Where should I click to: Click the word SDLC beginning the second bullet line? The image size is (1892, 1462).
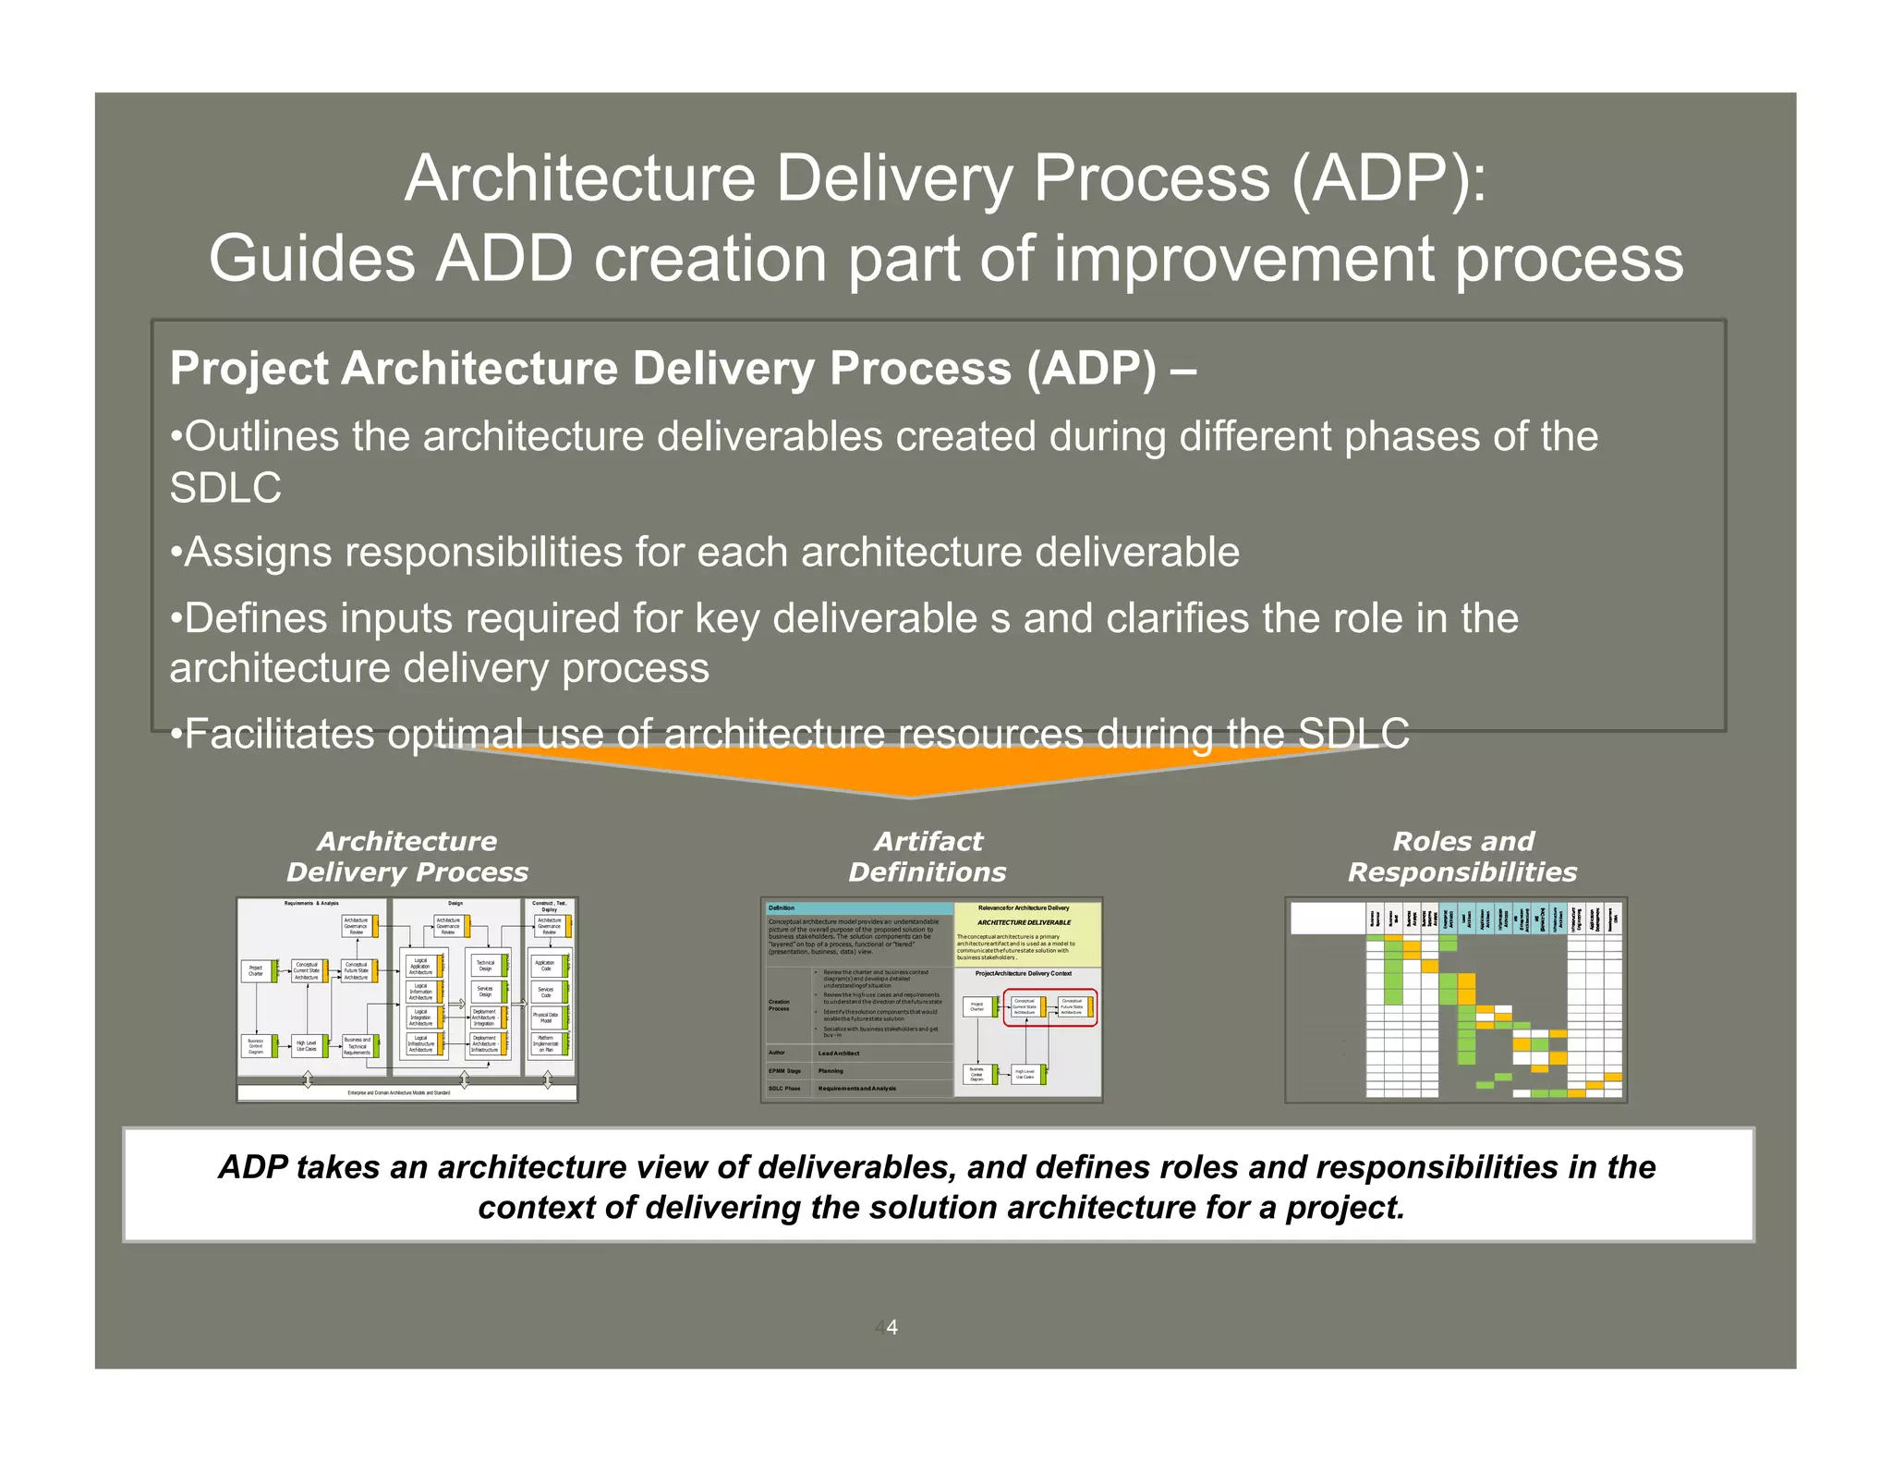click(224, 488)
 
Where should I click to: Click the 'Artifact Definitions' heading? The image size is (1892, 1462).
click(928, 857)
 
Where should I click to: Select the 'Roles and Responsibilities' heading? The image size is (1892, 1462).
click(1462, 857)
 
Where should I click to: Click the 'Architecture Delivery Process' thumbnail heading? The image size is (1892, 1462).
click(406, 857)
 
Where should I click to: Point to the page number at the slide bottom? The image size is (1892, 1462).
click(891, 1327)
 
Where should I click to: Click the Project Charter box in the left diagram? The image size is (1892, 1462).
click(256, 970)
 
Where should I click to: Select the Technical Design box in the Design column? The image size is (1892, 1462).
click(485, 965)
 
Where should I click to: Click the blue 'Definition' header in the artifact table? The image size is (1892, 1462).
click(857, 908)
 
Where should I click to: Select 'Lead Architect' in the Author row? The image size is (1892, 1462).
click(839, 1054)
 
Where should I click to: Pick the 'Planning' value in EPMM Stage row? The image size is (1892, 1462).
click(831, 1071)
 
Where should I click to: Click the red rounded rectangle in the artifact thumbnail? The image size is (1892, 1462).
click(1049, 1007)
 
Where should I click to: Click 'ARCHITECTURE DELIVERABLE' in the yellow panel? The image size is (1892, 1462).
click(1025, 922)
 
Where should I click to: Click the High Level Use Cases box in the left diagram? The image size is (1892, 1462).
click(306, 1046)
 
